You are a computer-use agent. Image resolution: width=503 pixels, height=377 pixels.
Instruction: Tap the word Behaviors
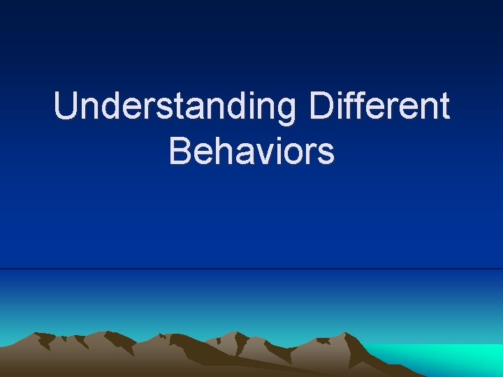coord(251,151)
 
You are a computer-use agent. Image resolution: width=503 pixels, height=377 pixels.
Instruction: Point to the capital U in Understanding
coord(67,107)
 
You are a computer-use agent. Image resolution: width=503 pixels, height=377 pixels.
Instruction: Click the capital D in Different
coord(321,107)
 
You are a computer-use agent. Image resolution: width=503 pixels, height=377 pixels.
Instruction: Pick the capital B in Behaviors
coord(180,151)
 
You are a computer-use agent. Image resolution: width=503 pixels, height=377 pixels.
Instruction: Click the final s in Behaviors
coord(326,155)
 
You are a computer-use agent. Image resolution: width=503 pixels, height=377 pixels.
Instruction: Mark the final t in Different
coord(443,108)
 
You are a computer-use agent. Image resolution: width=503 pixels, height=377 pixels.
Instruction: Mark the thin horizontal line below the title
coord(251,269)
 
